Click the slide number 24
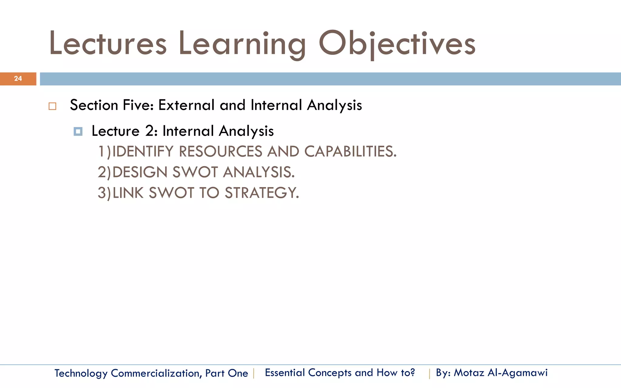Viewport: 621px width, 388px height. tap(18, 79)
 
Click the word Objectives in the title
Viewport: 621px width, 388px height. tap(397, 44)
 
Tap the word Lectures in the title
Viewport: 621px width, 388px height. tap(108, 44)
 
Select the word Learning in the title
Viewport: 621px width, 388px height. tap(242, 44)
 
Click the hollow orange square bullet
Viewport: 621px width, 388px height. tap(52, 106)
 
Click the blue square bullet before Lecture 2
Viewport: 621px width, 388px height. tap(78, 132)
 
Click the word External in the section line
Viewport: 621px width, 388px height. tap(186, 105)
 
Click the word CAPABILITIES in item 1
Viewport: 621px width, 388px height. tap(350, 152)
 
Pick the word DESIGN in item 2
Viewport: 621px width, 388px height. tap(140, 172)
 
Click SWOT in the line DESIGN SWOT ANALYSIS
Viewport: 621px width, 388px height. tap(195, 172)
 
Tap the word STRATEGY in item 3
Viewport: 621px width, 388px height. tap(261, 193)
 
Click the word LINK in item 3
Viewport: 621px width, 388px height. tap(128, 193)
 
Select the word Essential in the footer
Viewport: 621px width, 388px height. tap(285, 373)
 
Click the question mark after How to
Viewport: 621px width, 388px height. tap(412, 373)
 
